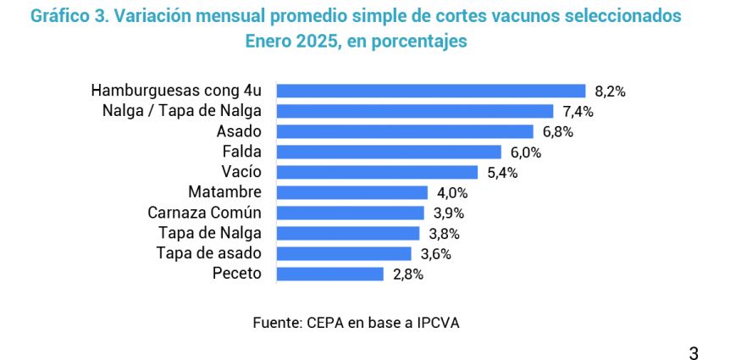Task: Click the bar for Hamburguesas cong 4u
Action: coord(432,91)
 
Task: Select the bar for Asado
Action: coord(406,131)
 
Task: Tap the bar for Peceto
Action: coord(330,274)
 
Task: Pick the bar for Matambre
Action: coord(353,192)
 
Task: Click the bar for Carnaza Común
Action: coord(351,213)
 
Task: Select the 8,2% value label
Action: coord(610,91)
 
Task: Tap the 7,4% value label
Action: coord(577,112)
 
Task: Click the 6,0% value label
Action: coord(525,152)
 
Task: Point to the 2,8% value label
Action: coord(407,274)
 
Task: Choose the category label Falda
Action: coord(242,152)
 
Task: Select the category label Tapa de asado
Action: coord(209,253)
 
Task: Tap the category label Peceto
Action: coord(237,274)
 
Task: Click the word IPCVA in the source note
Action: coord(439,322)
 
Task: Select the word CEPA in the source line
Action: coord(324,322)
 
